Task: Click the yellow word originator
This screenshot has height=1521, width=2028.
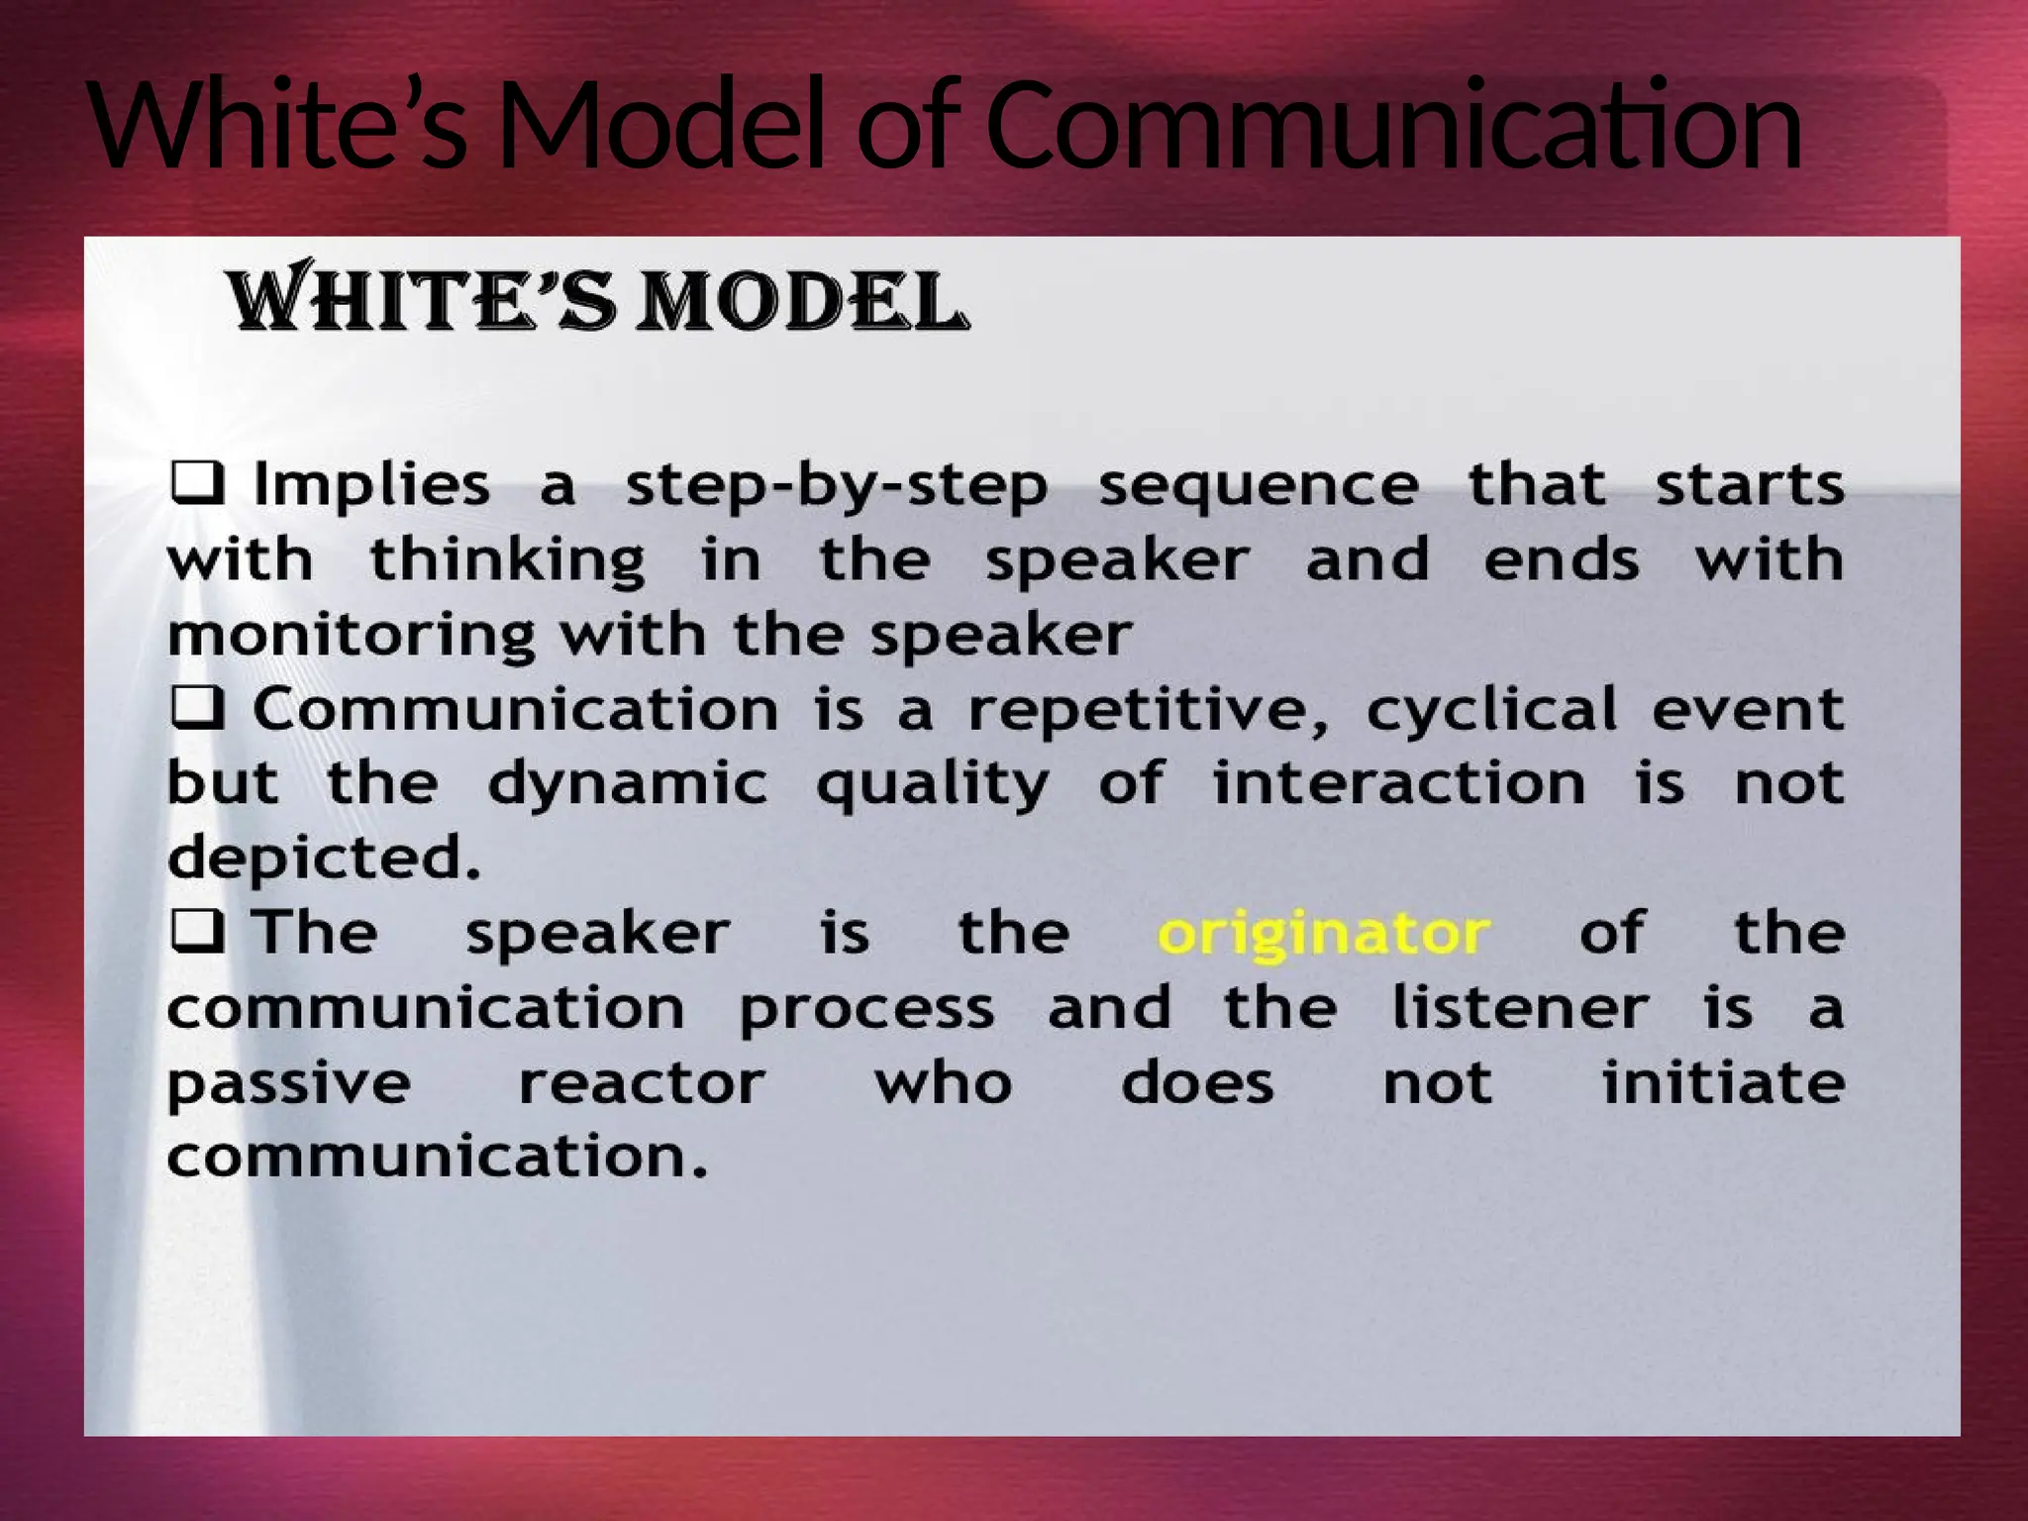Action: click(x=1323, y=935)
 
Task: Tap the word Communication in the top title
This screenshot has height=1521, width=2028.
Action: click(x=1393, y=127)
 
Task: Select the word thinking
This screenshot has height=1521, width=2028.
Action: click(x=507, y=561)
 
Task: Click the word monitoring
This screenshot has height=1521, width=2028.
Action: click(x=351, y=636)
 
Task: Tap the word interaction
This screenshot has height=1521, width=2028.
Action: click(x=1398, y=784)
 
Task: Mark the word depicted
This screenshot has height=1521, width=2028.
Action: click(x=323, y=859)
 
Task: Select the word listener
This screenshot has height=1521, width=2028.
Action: click(x=1519, y=1008)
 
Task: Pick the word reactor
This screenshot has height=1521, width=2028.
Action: click(x=642, y=1083)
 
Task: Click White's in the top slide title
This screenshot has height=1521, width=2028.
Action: click(x=277, y=127)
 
